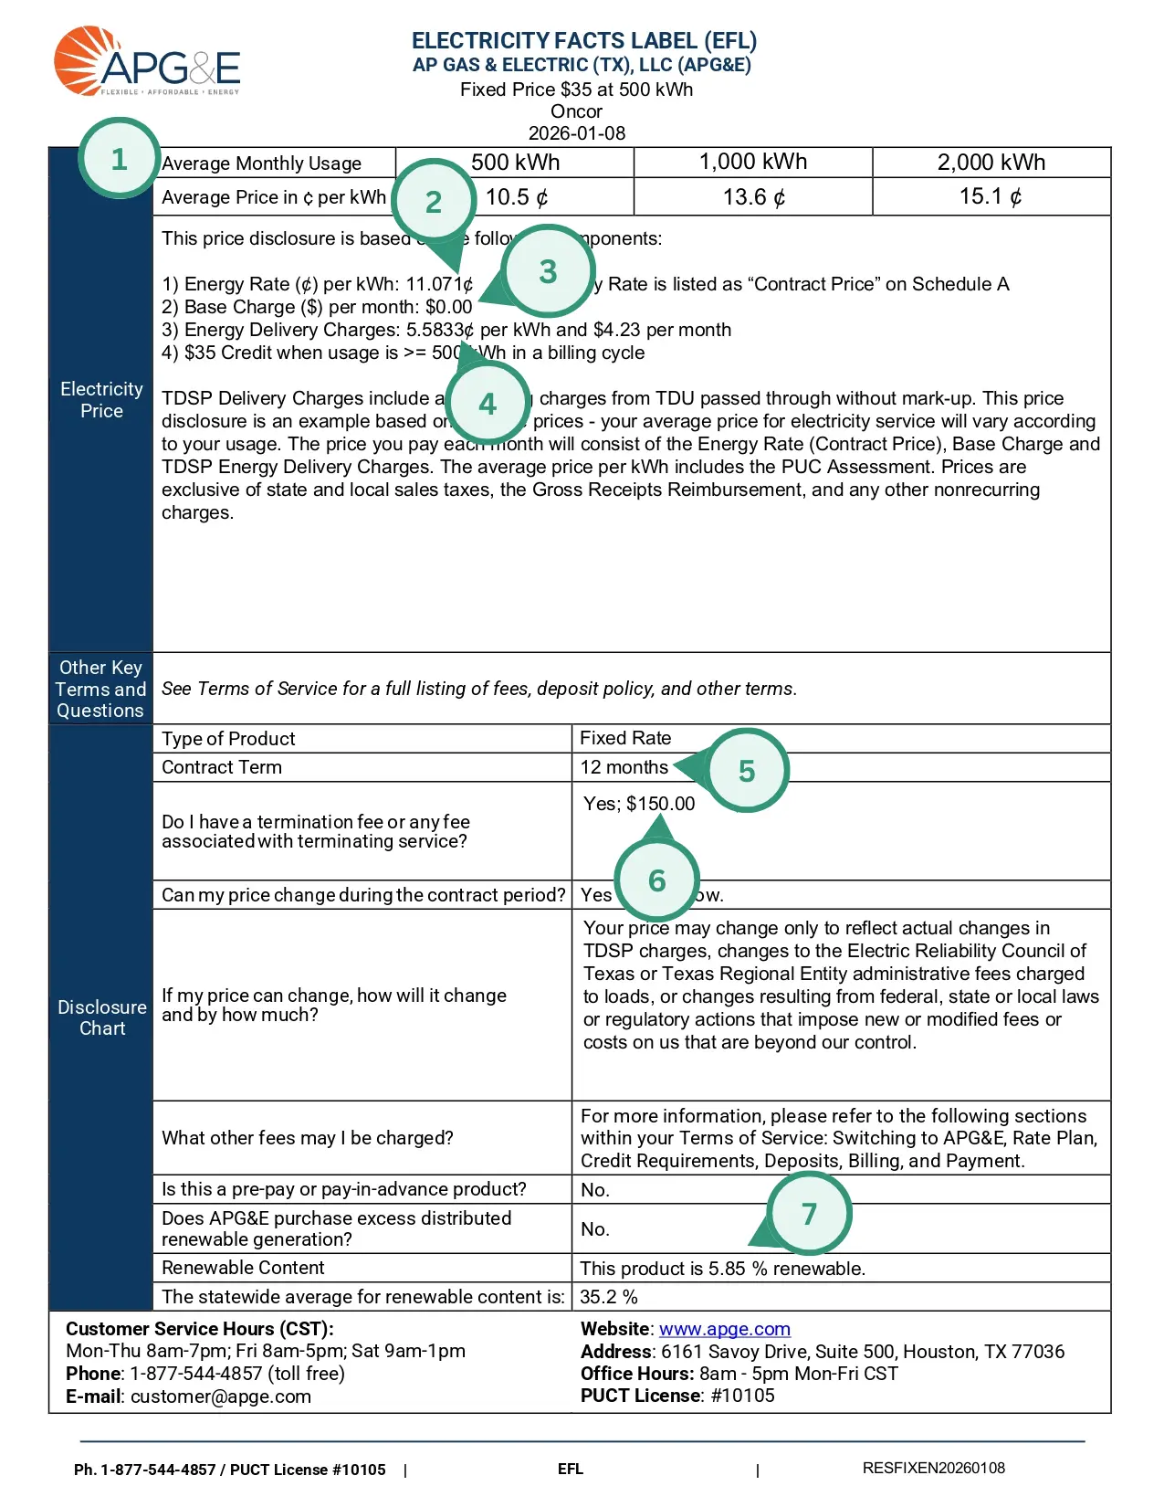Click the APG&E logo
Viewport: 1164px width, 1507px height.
tap(147, 62)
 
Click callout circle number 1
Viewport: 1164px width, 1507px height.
tap(119, 159)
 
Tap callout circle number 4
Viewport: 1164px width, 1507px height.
tap(488, 404)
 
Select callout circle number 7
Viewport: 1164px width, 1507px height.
tap(809, 1214)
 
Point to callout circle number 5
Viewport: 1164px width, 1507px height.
tap(747, 771)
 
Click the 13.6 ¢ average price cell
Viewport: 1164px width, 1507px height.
tap(753, 197)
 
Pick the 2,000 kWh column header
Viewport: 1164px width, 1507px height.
tap(991, 163)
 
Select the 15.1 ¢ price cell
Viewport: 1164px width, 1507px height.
tap(991, 197)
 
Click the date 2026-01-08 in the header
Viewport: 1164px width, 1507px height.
tap(577, 133)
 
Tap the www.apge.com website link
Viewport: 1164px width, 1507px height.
tap(724, 1329)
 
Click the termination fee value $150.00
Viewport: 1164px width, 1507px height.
tap(660, 804)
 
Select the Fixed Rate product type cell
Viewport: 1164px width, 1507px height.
tap(625, 738)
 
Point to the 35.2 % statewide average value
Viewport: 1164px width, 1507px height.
tap(609, 1297)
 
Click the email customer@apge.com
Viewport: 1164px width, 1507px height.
tap(220, 1396)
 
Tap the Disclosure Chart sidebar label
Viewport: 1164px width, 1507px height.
tap(101, 1017)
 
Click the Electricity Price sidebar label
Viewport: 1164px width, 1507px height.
tap(101, 400)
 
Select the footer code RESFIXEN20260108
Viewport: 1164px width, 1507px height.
tap(933, 1469)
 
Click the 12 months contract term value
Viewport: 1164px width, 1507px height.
tap(624, 767)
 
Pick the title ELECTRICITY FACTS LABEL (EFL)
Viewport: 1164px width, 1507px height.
tap(583, 41)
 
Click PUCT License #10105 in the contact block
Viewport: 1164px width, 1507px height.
tap(677, 1396)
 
